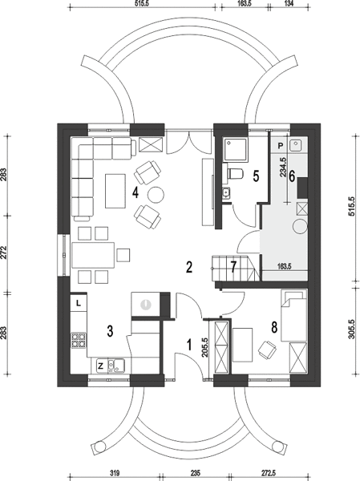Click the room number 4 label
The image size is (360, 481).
point(136,193)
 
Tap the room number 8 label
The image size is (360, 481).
point(274,327)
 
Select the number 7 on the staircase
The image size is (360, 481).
point(233,267)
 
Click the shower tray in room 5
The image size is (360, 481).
point(236,149)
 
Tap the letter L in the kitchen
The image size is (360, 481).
point(79,304)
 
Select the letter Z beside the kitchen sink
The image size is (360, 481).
point(101,366)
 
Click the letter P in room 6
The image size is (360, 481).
point(281,146)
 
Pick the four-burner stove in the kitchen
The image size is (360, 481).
point(79,341)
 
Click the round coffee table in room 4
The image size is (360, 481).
point(156,195)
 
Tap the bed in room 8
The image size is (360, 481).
point(294,316)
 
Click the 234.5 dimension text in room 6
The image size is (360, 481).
point(283,167)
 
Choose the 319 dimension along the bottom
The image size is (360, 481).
point(115,472)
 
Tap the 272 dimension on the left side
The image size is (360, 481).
point(3,253)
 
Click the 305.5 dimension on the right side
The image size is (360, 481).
point(352,329)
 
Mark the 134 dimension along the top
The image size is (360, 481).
point(289,3)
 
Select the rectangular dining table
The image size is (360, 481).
point(93,255)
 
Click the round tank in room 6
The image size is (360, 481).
point(300,227)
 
